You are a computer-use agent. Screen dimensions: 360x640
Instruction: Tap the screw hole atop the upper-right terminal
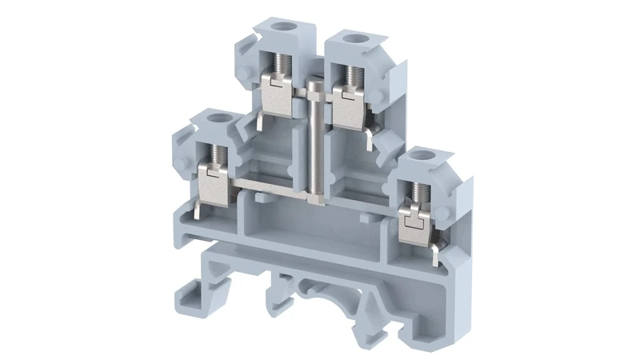(350, 38)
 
